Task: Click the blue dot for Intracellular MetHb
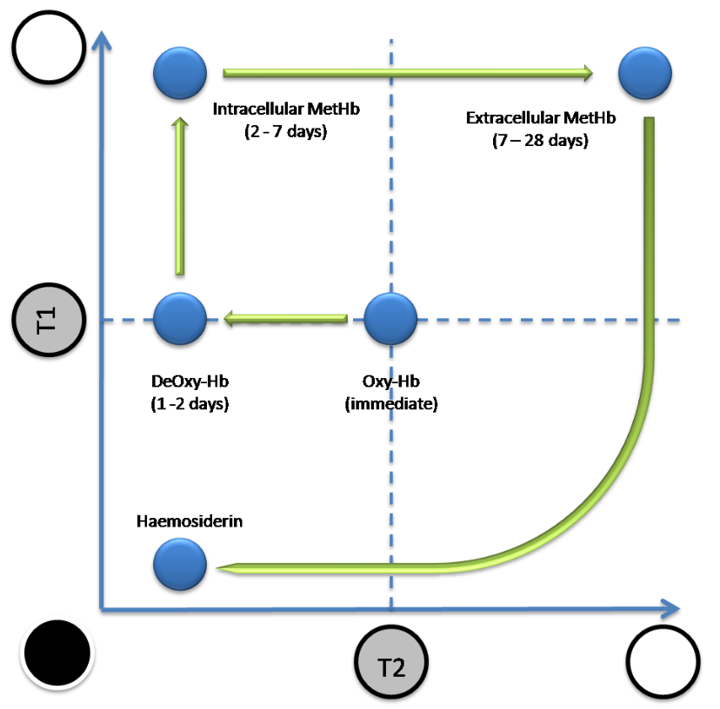180,74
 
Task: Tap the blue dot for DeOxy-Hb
180,320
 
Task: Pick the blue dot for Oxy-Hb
390,320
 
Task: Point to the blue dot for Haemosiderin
180,566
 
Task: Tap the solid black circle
57,653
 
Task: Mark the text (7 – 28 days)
540,140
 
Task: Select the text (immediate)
391,405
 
